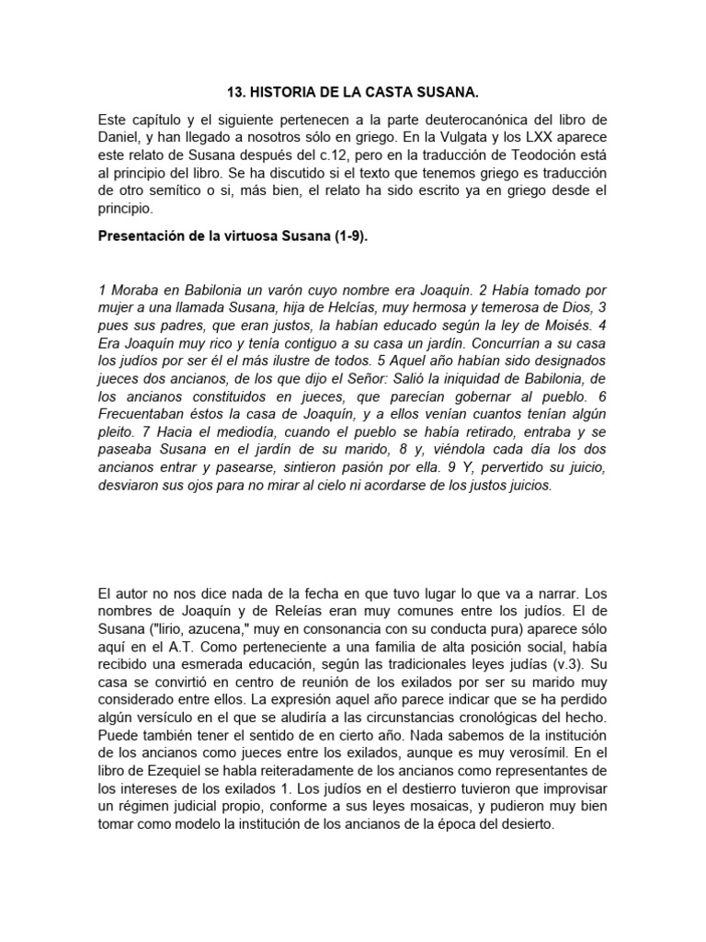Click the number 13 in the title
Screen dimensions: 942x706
[x=233, y=94]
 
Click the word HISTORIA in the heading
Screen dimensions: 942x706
[x=286, y=94]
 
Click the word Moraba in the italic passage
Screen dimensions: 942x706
[x=133, y=290]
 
